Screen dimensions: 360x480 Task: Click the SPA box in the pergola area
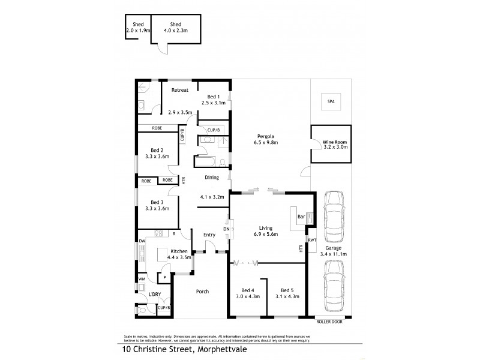coord(330,102)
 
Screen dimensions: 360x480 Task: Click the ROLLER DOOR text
coord(332,321)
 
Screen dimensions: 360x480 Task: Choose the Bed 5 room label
coord(287,289)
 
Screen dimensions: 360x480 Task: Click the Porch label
coord(202,292)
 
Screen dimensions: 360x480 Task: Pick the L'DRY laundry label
coord(155,295)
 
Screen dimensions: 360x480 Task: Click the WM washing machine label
coord(142,278)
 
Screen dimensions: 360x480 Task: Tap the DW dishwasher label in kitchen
coord(142,241)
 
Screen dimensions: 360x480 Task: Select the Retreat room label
coord(180,90)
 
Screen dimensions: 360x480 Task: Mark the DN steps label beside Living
coord(226,229)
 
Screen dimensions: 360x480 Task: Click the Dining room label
coord(211,178)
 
